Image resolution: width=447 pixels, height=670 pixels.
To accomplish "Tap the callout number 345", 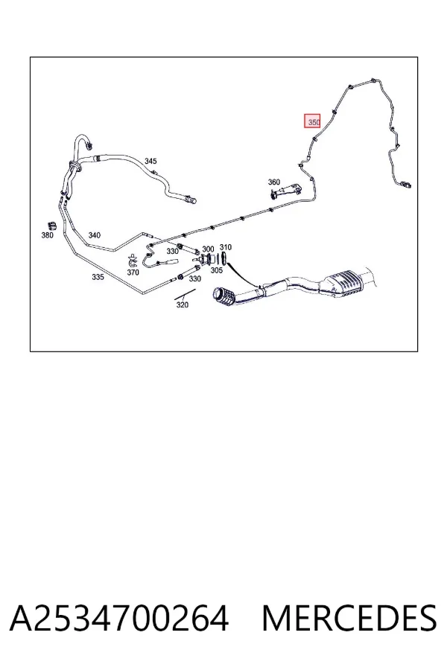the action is click(150, 161).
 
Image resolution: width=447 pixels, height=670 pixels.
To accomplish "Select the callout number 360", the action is click(273, 182).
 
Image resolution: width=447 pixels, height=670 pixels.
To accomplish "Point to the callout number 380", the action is click(48, 235).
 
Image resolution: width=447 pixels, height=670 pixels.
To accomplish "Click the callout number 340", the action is click(94, 235).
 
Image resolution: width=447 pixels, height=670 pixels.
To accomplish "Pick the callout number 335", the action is click(98, 277).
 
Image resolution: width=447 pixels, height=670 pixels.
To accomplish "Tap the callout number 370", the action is click(133, 272).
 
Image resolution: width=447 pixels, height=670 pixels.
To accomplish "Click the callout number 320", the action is click(183, 304).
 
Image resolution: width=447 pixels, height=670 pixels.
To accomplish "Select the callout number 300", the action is click(208, 249).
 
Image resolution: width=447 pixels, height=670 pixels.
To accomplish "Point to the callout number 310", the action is click(226, 247).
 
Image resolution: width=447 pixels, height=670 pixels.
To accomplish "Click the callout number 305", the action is click(217, 270).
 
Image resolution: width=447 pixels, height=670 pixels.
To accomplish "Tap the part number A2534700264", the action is click(119, 619).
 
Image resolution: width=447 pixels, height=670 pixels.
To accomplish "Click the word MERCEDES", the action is click(349, 619).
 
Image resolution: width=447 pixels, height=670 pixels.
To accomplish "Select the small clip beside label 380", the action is click(51, 226).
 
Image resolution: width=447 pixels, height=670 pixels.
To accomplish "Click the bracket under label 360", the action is click(286, 191).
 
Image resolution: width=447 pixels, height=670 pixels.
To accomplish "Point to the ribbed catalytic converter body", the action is click(346, 283).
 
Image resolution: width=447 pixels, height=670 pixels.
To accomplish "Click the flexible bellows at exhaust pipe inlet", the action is click(223, 296).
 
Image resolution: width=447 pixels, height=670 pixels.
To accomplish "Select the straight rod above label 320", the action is click(185, 294).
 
